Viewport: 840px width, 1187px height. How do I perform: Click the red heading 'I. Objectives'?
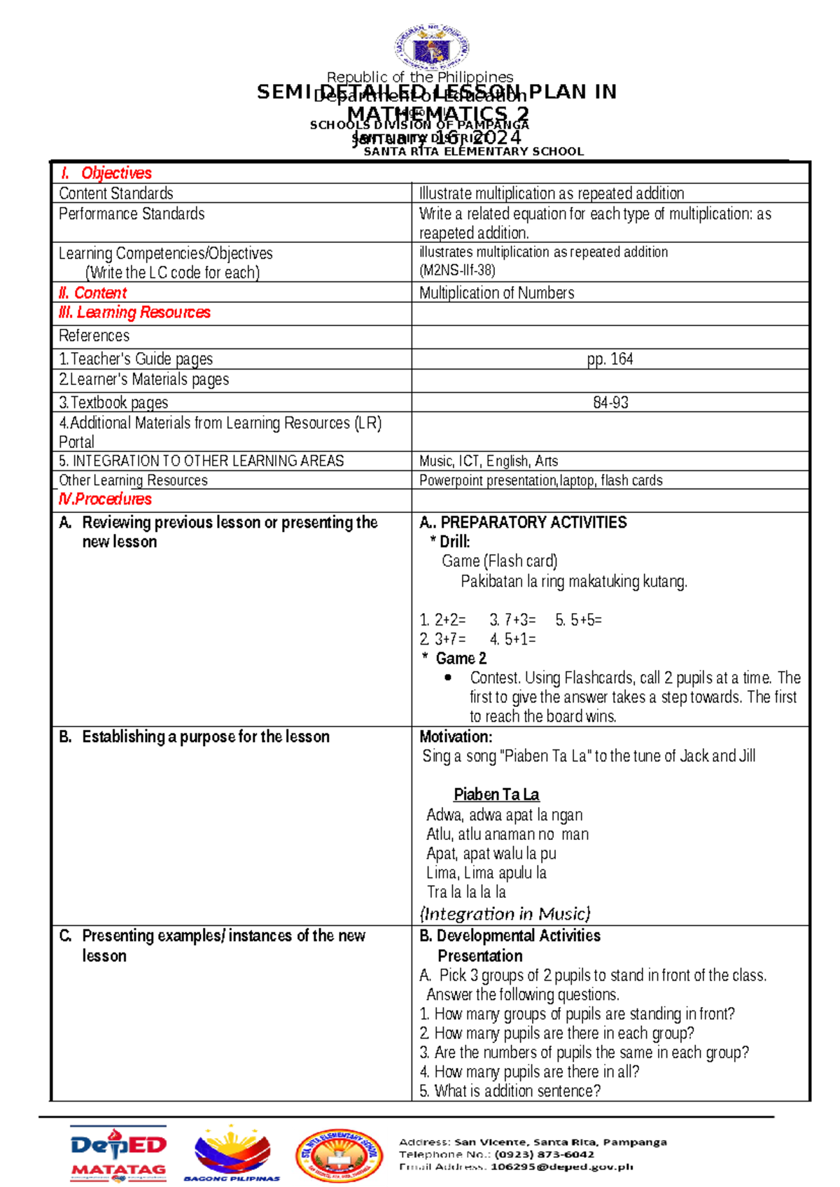point(106,173)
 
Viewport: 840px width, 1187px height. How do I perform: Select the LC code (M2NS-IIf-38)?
point(457,271)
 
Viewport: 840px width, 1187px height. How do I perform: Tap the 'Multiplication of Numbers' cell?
point(496,293)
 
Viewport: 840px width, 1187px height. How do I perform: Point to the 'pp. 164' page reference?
point(610,359)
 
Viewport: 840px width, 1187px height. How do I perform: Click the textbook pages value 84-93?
point(610,402)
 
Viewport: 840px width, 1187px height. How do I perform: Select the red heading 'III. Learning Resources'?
point(134,312)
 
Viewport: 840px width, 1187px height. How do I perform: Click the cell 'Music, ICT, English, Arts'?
point(488,461)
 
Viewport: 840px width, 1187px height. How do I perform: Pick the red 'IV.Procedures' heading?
point(105,499)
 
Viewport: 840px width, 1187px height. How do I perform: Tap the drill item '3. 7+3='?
point(512,619)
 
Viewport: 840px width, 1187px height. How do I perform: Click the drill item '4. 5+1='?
point(512,639)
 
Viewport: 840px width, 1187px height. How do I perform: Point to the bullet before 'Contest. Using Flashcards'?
point(448,677)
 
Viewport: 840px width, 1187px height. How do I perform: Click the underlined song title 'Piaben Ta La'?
point(496,794)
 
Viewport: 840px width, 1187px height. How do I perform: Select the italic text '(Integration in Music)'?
point(505,913)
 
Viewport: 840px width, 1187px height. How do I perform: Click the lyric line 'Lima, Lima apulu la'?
point(486,873)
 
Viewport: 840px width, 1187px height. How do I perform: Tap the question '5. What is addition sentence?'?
point(510,1090)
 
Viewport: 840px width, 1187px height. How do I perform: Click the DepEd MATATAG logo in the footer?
point(118,1153)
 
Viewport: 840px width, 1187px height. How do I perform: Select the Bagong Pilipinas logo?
point(232,1153)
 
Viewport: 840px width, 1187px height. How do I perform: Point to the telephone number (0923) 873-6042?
point(544,1154)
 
